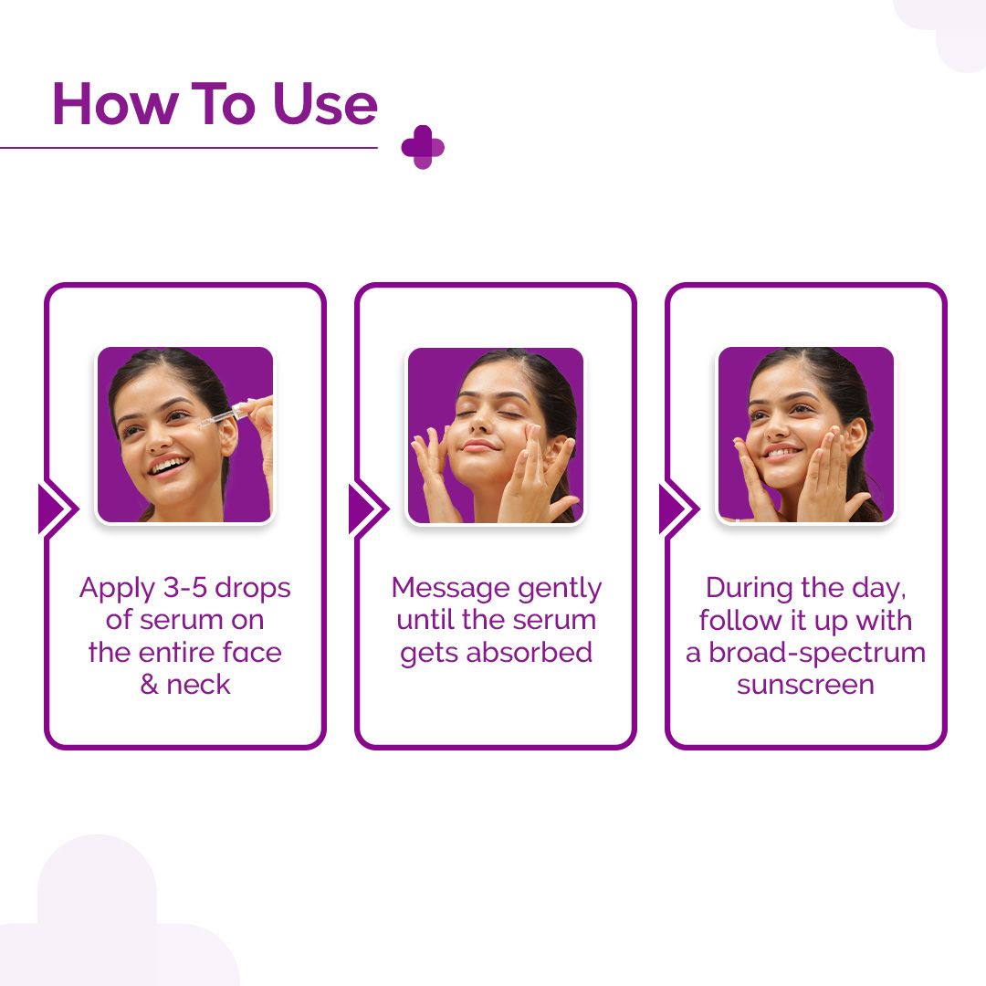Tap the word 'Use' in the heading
pos(324,104)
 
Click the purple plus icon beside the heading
pos(423,147)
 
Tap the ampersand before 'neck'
pos(150,685)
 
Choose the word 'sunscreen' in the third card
pos(805,685)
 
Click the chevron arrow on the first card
pos(57,509)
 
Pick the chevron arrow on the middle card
pos(367,509)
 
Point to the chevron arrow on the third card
pos(677,509)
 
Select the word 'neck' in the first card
pos(198,685)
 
